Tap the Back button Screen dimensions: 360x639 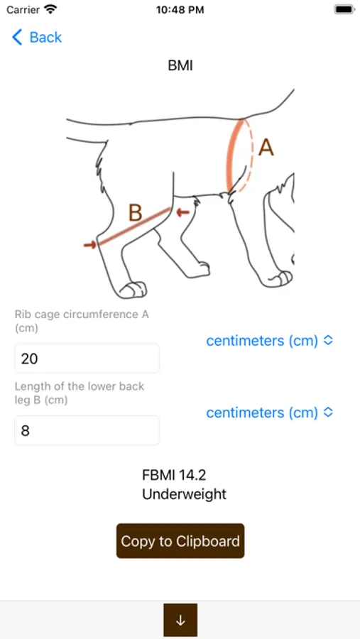[37, 38]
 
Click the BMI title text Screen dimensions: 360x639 [180, 65]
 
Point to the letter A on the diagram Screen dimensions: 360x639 [266, 148]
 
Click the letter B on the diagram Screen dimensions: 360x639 [136, 213]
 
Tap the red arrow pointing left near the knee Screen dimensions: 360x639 [183, 212]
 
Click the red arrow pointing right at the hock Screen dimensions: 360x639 [90, 244]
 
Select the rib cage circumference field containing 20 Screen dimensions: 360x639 [87, 359]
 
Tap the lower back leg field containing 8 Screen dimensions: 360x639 [87, 430]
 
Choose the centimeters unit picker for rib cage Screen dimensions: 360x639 [270, 341]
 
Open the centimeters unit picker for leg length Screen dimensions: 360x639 [270, 413]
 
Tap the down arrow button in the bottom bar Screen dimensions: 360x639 [180, 620]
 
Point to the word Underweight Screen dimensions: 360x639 [185, 494]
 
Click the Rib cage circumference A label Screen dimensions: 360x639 [82, 321]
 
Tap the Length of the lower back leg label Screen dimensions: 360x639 [80, 393]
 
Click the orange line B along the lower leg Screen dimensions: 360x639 [133, 227]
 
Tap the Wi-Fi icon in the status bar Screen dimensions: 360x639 [50, 9]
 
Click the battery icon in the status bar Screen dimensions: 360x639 [344, 9]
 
